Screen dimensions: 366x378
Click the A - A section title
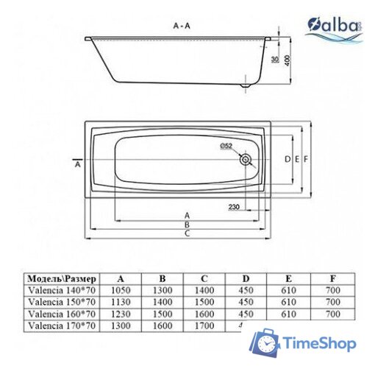click(x=182, y=25)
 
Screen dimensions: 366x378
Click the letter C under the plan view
click(x=188, y=233)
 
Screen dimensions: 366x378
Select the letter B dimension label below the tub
click(x=188, y=224)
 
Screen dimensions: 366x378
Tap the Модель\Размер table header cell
click(x=62, y=279)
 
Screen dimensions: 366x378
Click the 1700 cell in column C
click(x=204, y=324)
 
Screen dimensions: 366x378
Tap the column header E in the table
click(x=289, y=279)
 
